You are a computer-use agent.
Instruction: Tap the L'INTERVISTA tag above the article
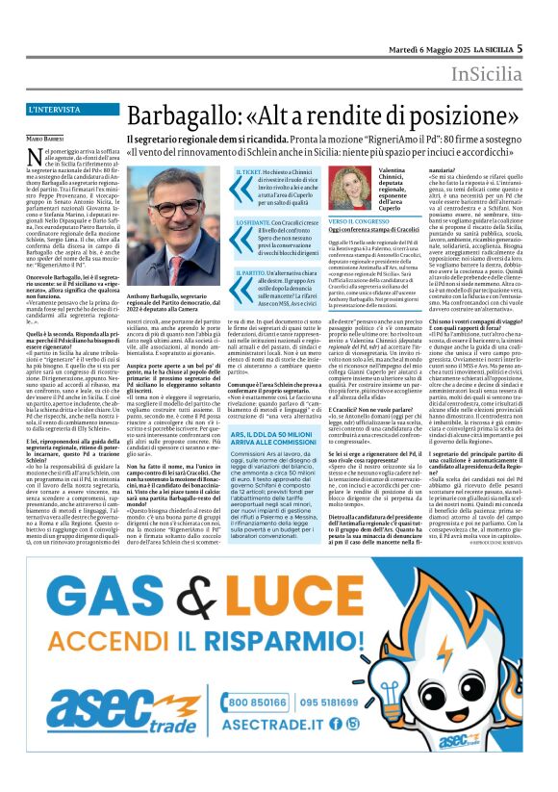(x=55, y=110)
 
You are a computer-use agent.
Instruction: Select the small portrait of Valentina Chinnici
(x=342, y=184)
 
